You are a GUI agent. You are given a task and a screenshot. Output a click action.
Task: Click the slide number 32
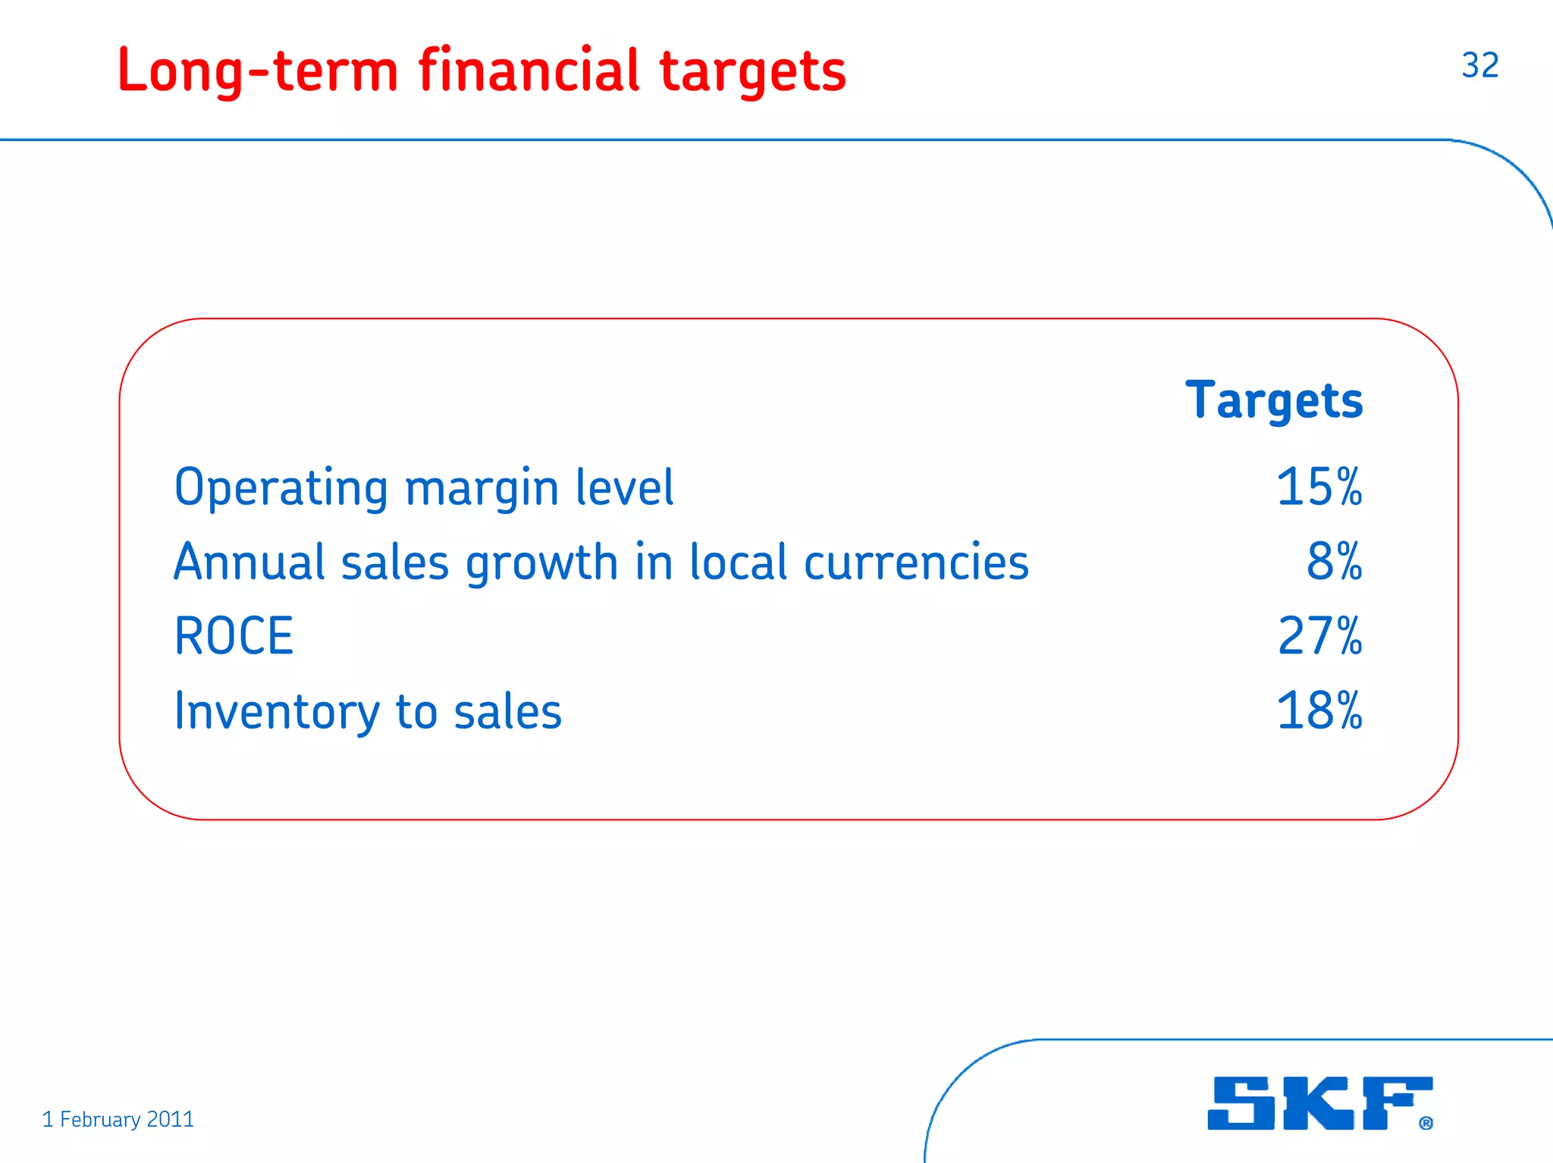pyautogui.click(x=1479, y=65)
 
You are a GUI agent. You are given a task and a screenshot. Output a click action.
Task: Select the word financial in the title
pyautogui.click(x=529, y=70)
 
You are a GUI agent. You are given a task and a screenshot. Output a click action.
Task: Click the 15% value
pyautogui.click(x=1319, y=487)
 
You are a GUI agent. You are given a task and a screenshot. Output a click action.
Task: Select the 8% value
pyautogui.click(x=1334, y=562)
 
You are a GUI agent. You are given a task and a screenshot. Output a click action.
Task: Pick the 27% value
pyautogui.click(x=1319, y=636)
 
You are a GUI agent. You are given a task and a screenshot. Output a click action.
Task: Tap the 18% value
pyautogui.click(x=1319, y=711)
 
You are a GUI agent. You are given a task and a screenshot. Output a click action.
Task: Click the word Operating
pyautogui.click(x=281, y=488)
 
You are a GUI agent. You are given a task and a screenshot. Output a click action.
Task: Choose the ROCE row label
pyautogui.click(x=234, y=636)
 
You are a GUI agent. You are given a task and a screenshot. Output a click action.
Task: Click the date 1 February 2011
pyautogui.click(x=118, y=1119)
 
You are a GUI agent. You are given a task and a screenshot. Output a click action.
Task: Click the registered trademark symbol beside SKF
pyautogui.click(x=1426, y=1123)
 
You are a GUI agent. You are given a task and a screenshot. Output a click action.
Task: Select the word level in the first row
pyautogui.click(x=624, y=487)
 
